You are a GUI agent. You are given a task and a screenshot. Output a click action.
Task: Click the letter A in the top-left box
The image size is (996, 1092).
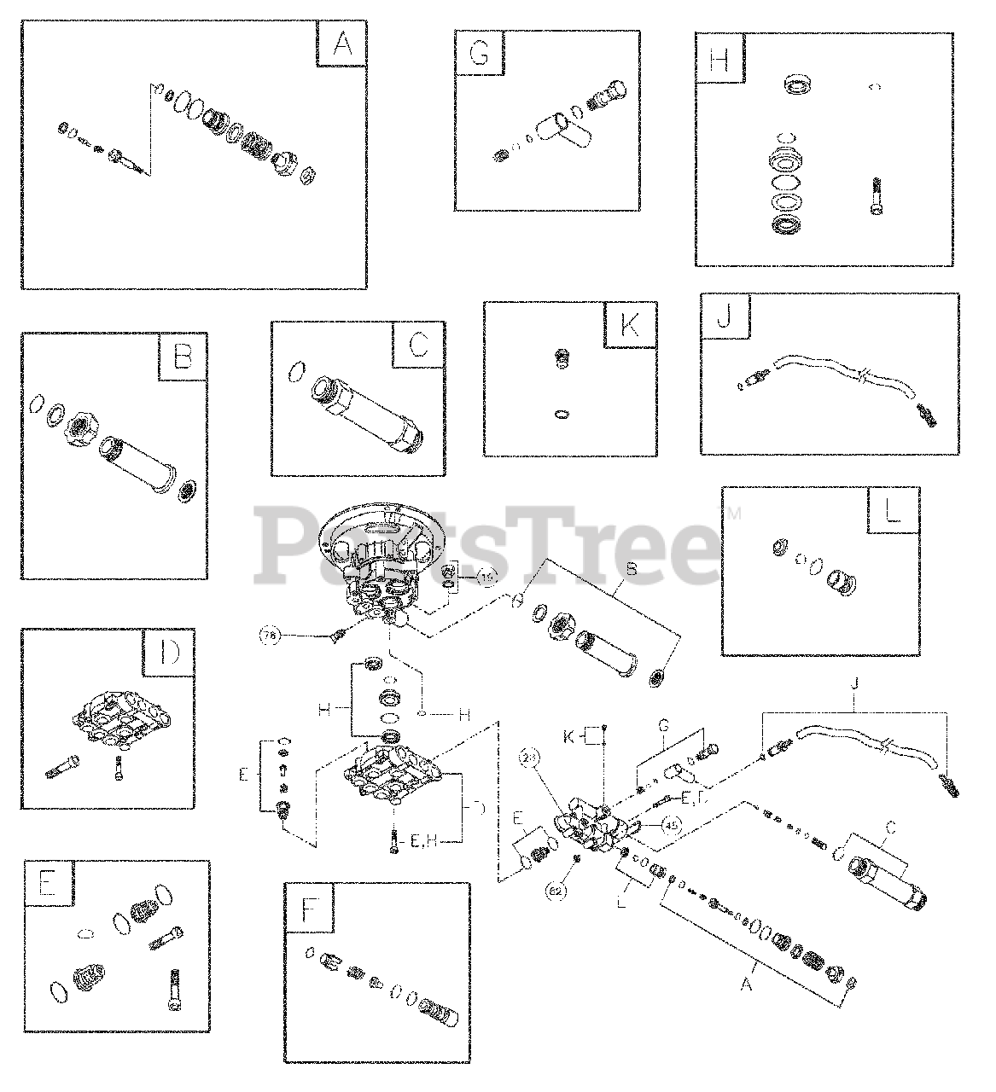pos(341,45)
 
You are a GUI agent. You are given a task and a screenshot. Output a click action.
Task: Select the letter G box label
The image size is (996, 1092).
pos(479,54)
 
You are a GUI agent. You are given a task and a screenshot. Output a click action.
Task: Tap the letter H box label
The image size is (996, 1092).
pos(719,59)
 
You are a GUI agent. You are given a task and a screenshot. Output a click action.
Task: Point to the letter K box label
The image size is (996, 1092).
pos(628,325)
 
